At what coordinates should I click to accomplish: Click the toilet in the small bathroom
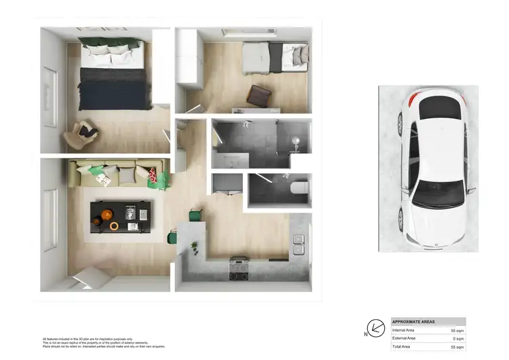pyautogui.click(x=299, y=188)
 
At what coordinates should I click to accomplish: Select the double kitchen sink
pyautogui.click(x=298, y=245)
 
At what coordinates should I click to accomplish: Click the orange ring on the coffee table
pyautogui.click(x=114, y=225)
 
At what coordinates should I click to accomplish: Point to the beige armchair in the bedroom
pyautogui.click(x=81, y=134)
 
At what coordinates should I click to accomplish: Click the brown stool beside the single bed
pyautogui.click(x=259, y=96)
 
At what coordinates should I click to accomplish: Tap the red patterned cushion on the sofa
pyautogui.click(x=158, y=179)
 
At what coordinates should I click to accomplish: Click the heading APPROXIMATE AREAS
pyautogui.click(x=415, y=322)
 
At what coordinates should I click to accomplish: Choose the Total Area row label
pyautogui.click(x=402, y=346)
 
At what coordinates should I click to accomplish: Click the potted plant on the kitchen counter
pyautogui.click(x=194, y=246)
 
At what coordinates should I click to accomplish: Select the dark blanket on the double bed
pyautogui.click(x=113, y=89)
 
